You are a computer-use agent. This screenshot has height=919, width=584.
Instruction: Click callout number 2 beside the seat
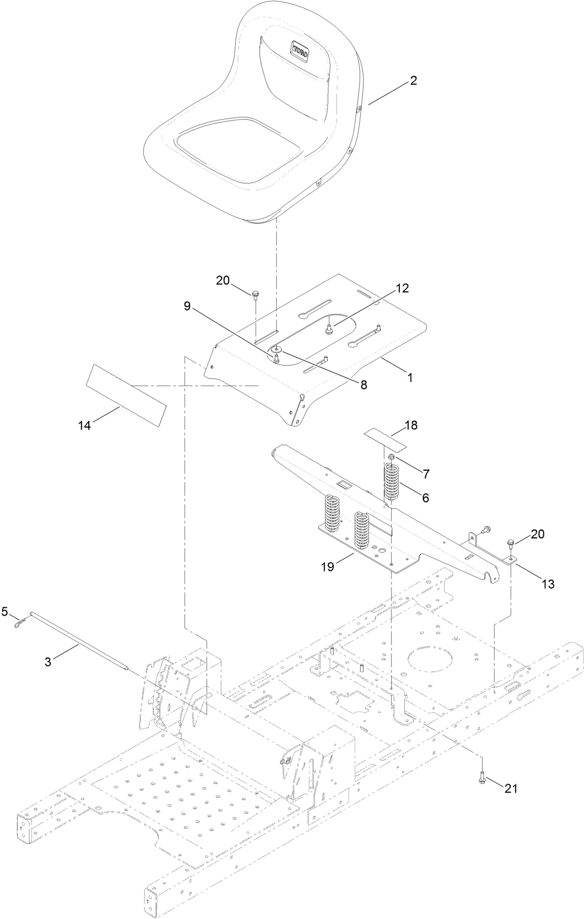(413, 81)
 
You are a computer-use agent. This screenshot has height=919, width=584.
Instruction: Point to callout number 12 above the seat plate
(403, 288)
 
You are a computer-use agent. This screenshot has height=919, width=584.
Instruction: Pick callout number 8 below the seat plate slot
(364, 385)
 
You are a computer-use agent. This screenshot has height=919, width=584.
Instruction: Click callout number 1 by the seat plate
(409, 378)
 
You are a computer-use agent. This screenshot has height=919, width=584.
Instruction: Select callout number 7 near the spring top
(426, 474)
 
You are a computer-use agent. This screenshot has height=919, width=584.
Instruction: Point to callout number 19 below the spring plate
(327, 567)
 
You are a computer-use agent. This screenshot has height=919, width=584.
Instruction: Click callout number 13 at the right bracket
(548, 584)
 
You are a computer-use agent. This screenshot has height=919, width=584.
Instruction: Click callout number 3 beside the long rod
(48, 662)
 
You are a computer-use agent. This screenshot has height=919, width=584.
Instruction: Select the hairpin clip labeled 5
(20, 621)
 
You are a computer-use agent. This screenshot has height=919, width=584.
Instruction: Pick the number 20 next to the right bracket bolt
(537, 534)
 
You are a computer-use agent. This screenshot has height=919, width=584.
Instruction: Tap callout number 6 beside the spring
(426, 497)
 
